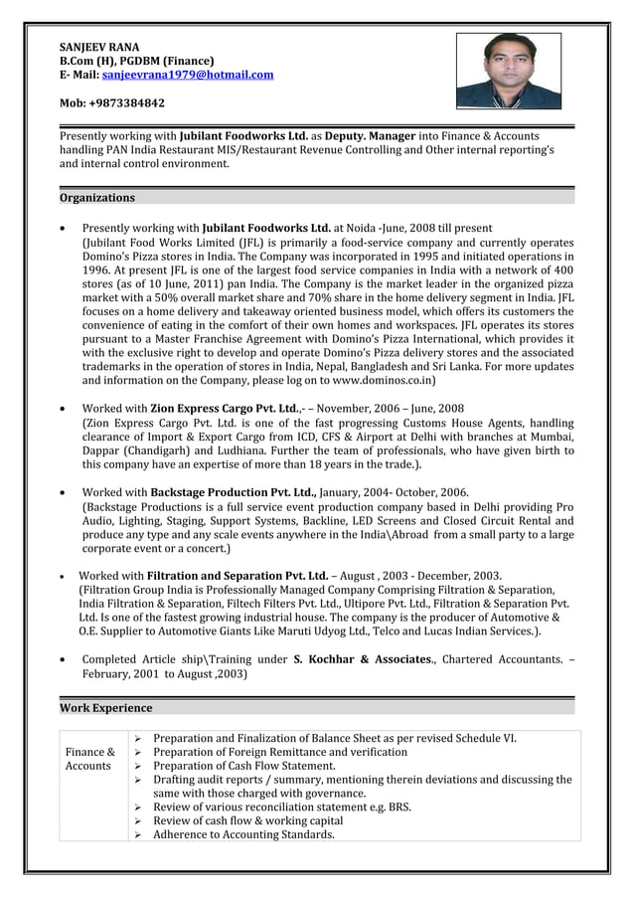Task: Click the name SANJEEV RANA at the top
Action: click(x=99, y=47)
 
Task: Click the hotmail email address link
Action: click(x=188, y=75)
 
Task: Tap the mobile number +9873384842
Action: click(x=112, y=102)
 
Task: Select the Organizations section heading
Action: click(x=97, y=197)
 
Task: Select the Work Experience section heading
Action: click(x=106, y=708)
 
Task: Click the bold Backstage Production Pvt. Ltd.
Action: click(x=233, y=492)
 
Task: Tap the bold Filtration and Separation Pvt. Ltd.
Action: click(x=238, y=576)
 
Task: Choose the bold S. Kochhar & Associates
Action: click(x=366, y=659)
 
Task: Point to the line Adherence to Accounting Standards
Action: click(x=243, y=834)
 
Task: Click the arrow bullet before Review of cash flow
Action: click(x=139, y=821)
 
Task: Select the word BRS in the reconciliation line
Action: click(x=398, y=808)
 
